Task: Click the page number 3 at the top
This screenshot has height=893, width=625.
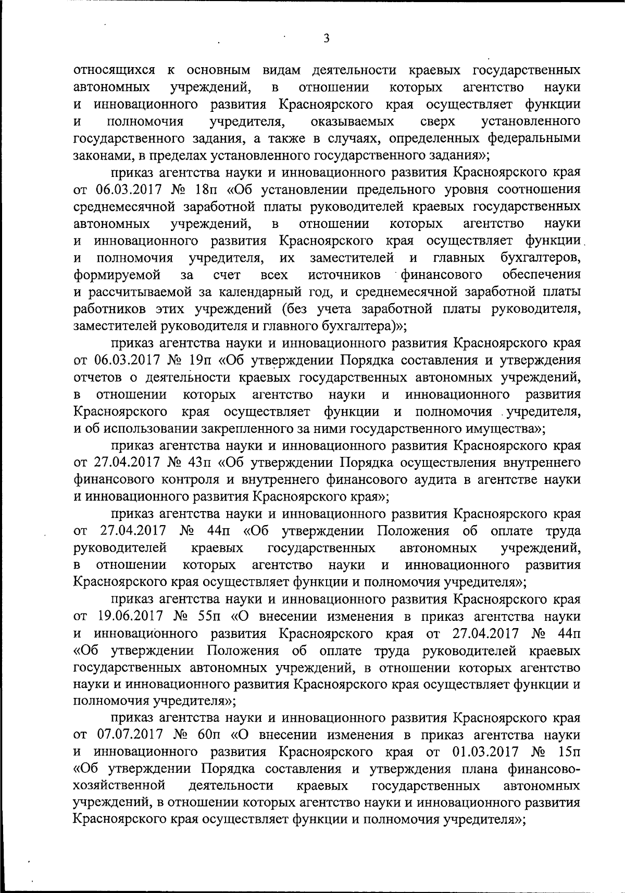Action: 326,38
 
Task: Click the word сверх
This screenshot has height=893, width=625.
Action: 438,122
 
